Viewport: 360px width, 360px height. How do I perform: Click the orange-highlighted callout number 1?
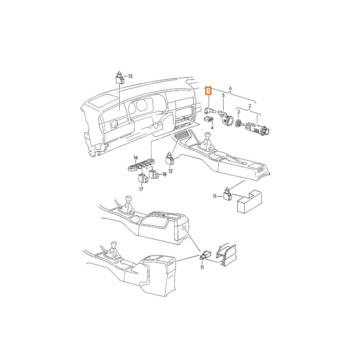click(x=208, y=91)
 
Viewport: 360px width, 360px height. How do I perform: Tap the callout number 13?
click(x=130, y=76)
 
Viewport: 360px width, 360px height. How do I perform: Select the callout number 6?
click(x=230, y=88)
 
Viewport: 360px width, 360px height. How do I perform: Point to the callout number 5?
click(x=223, y=95)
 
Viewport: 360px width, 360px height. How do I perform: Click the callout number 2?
click(x=250, y=106)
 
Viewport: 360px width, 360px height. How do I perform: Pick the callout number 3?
click(x=238, y=112)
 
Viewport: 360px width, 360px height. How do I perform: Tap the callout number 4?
click(x=212, y=127)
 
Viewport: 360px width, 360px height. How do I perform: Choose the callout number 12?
click(x=171, y=171)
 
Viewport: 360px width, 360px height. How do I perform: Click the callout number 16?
click(x=136, y=157)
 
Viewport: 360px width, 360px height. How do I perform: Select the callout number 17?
click(x=141, y=189)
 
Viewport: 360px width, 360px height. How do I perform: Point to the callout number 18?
click(x=164, y=175)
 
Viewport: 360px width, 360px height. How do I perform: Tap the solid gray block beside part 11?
click(x=249, y=202)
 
